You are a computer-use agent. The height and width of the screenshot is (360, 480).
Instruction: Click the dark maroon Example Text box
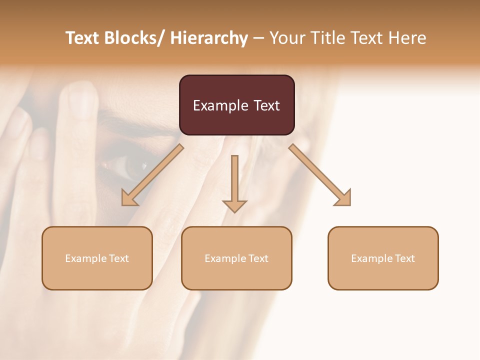[x=236, y=105]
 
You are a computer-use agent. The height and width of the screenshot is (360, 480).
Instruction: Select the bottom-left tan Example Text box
[x=97, y=258]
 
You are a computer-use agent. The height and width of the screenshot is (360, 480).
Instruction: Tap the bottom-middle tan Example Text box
[x=236, y=258]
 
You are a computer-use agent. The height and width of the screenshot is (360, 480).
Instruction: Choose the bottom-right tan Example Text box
[x=383, y=258]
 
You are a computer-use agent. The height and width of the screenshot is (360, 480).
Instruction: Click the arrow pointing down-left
[x=152, y=175]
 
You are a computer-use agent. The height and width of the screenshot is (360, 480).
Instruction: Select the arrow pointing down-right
[x=320, y=175]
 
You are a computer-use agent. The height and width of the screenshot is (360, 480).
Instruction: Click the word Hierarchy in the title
[x=209, y=38]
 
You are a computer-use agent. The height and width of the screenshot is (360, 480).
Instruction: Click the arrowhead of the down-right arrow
[x=342, y=197]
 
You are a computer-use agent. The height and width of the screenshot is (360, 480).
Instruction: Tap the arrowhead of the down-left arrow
[x=129, y=197]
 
